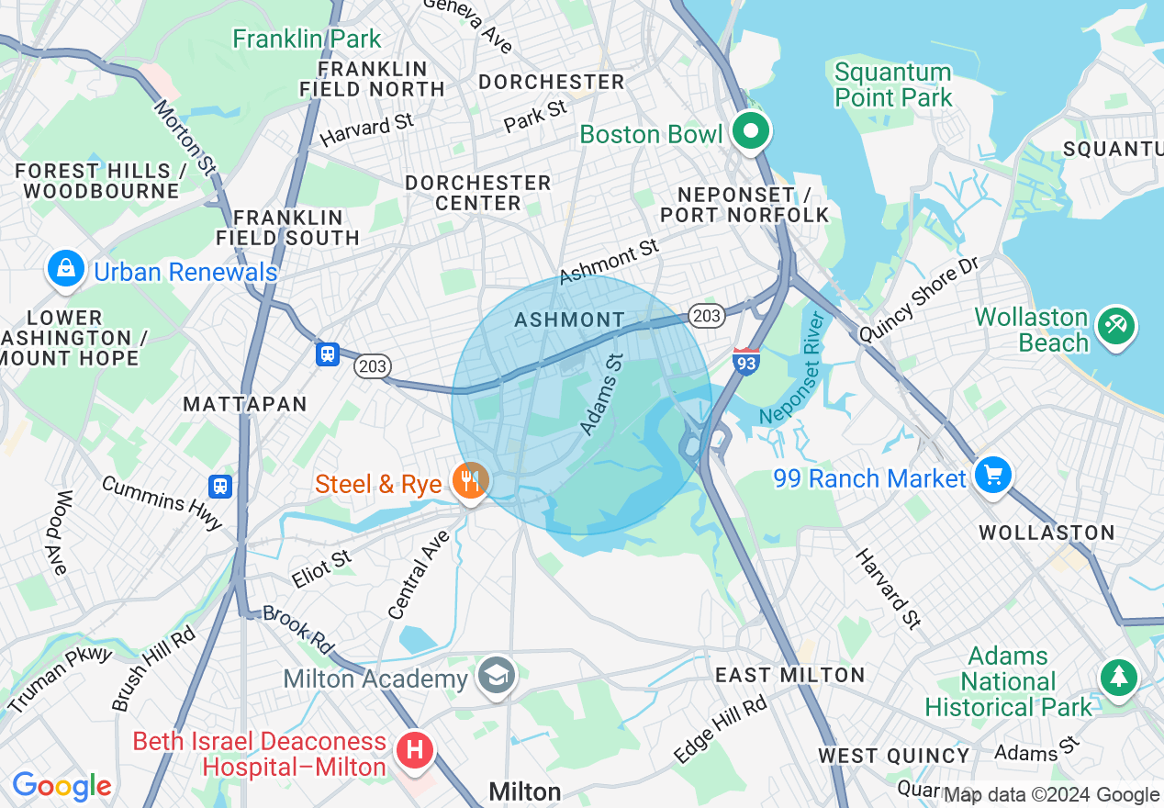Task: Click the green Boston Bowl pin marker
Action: (751, 131)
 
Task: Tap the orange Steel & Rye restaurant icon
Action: (471, 480)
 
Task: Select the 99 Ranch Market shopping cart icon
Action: (993, 476)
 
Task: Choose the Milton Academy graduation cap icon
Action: (497, 676)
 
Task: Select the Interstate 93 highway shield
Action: (746, 360)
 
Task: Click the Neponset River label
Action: (794, 376)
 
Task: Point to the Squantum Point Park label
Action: (893, 84)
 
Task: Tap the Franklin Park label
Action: (307, 39)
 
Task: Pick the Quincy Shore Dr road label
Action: (919, 299)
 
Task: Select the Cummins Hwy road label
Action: (162, 503)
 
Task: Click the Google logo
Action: (62, 786)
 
